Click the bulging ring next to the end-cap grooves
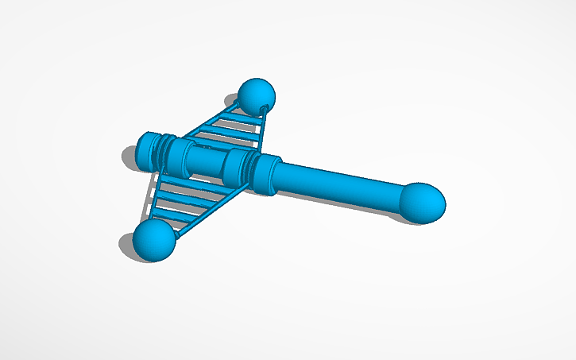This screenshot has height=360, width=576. coord(180,157)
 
